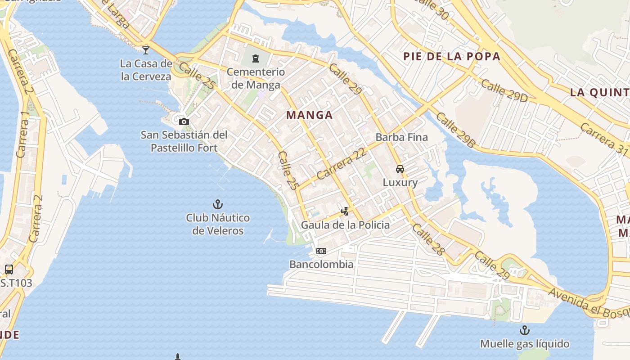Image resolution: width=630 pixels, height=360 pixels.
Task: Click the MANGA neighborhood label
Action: coord(310,115)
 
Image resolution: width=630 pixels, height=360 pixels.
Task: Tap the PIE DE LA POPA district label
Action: coord(452,56)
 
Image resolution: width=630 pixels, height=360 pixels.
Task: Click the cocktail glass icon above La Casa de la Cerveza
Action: coord(146,49)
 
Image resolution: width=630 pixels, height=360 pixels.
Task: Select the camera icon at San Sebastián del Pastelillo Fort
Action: coord(184,121)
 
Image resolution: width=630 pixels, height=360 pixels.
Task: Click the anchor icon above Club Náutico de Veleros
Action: coord(218,204)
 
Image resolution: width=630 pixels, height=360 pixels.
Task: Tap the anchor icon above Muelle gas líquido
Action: coord(524,331)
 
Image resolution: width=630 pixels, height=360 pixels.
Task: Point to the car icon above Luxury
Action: coord(400,169)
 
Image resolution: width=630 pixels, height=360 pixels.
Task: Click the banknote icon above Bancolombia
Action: coord(321,251)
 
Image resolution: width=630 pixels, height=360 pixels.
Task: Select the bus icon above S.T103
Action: coord(9,270)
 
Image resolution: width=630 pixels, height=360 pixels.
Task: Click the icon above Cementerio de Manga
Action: coord(256,58)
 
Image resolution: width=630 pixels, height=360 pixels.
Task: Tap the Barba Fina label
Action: coord(401,137)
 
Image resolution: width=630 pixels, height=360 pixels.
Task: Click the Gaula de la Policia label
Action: coord(345,225)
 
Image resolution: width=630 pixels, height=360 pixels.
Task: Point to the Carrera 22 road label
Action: coord(342,164)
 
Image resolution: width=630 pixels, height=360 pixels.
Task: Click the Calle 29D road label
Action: coord(504,90)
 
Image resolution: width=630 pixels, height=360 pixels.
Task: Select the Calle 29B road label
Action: coord(455,130)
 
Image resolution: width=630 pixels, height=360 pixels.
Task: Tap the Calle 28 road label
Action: coord(428,240)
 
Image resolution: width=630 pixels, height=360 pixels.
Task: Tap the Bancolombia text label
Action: coord(321,264)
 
